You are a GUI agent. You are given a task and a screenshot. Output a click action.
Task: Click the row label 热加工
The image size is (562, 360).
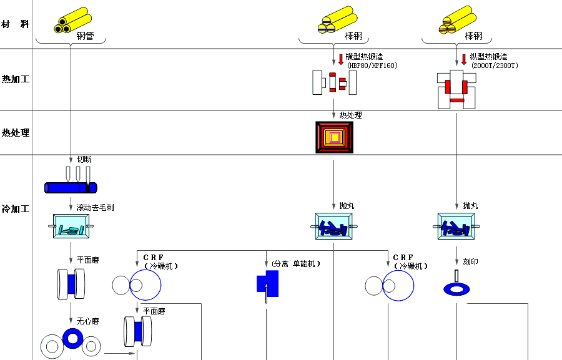click(15, 79)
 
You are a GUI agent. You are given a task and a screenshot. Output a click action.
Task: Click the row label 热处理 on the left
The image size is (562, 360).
click(15, 133)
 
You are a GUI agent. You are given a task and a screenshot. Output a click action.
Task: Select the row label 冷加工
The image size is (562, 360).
click(15, 209)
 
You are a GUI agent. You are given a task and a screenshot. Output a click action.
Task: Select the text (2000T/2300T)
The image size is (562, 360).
click(495, 66)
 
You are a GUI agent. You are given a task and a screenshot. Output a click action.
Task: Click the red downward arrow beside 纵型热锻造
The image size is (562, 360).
click(464, 59)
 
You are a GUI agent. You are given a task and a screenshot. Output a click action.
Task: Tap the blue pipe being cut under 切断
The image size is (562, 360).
click(71, 187)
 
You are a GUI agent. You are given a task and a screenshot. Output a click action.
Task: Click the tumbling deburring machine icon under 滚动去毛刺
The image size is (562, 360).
click(71, 226)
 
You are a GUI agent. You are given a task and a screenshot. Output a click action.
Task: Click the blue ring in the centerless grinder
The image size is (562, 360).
click(72, 338)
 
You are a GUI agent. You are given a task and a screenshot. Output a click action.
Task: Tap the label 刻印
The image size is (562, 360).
click(470, 262)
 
